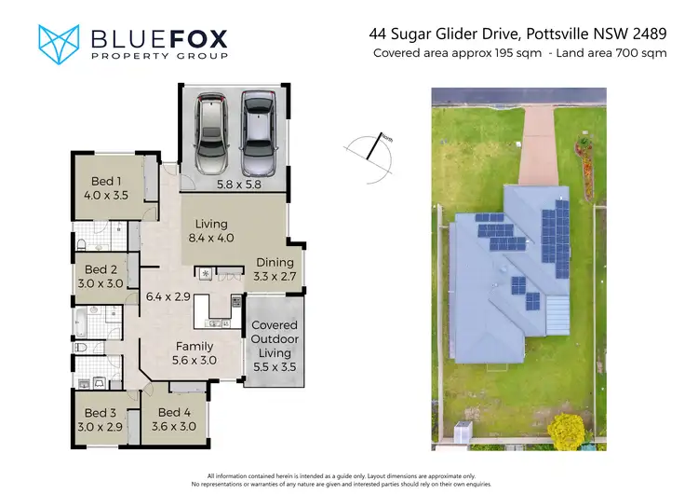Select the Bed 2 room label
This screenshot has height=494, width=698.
[x=101, y=277]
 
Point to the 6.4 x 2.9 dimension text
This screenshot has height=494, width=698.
[x=168, y=297]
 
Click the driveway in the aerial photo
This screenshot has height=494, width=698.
[x=538, y=144]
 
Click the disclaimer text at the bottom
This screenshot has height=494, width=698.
[x=348, y=479]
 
